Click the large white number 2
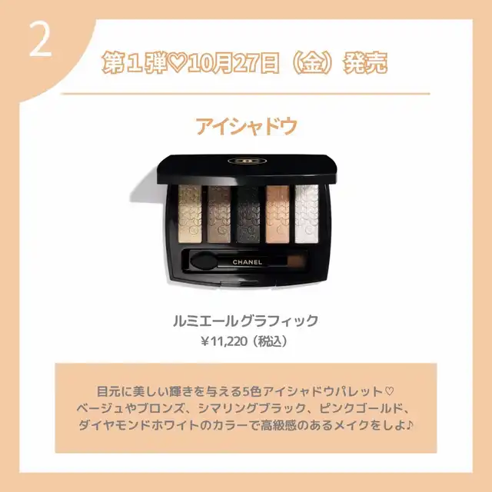click(41, 41)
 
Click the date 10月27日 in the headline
click(234, 62)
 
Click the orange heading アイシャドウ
click(246, 125)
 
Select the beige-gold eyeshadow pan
click(190, 214)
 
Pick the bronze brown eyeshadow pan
click(219, 214)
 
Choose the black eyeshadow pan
click(248, 214)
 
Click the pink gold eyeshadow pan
click(278, 214)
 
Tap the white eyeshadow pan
click(307, 214)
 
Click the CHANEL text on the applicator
click(248, 262)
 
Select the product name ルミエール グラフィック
click(246, 321)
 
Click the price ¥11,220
click(224, 341)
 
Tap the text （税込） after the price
click(271, 341)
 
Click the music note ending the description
click(409, 425)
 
